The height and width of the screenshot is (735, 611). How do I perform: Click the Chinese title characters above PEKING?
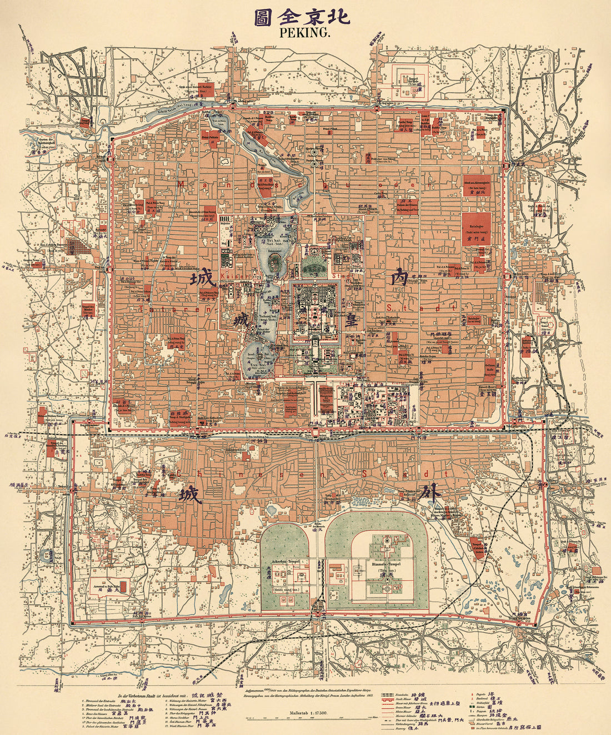303,16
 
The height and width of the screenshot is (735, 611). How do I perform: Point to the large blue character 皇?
351,319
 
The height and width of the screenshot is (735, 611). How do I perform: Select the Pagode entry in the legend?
483,694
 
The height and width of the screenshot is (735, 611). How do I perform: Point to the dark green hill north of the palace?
314,268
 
